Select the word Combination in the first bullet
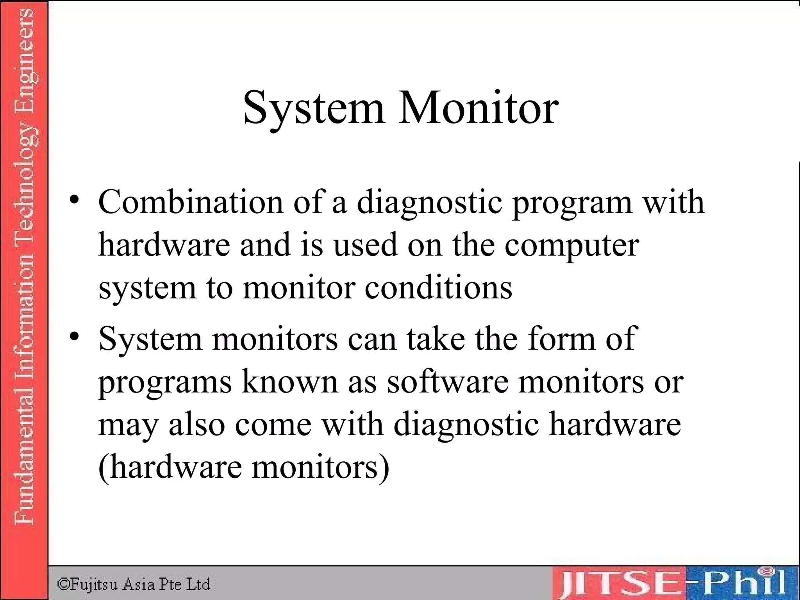191,202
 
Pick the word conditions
438,287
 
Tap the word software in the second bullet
448,382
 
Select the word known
289,382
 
